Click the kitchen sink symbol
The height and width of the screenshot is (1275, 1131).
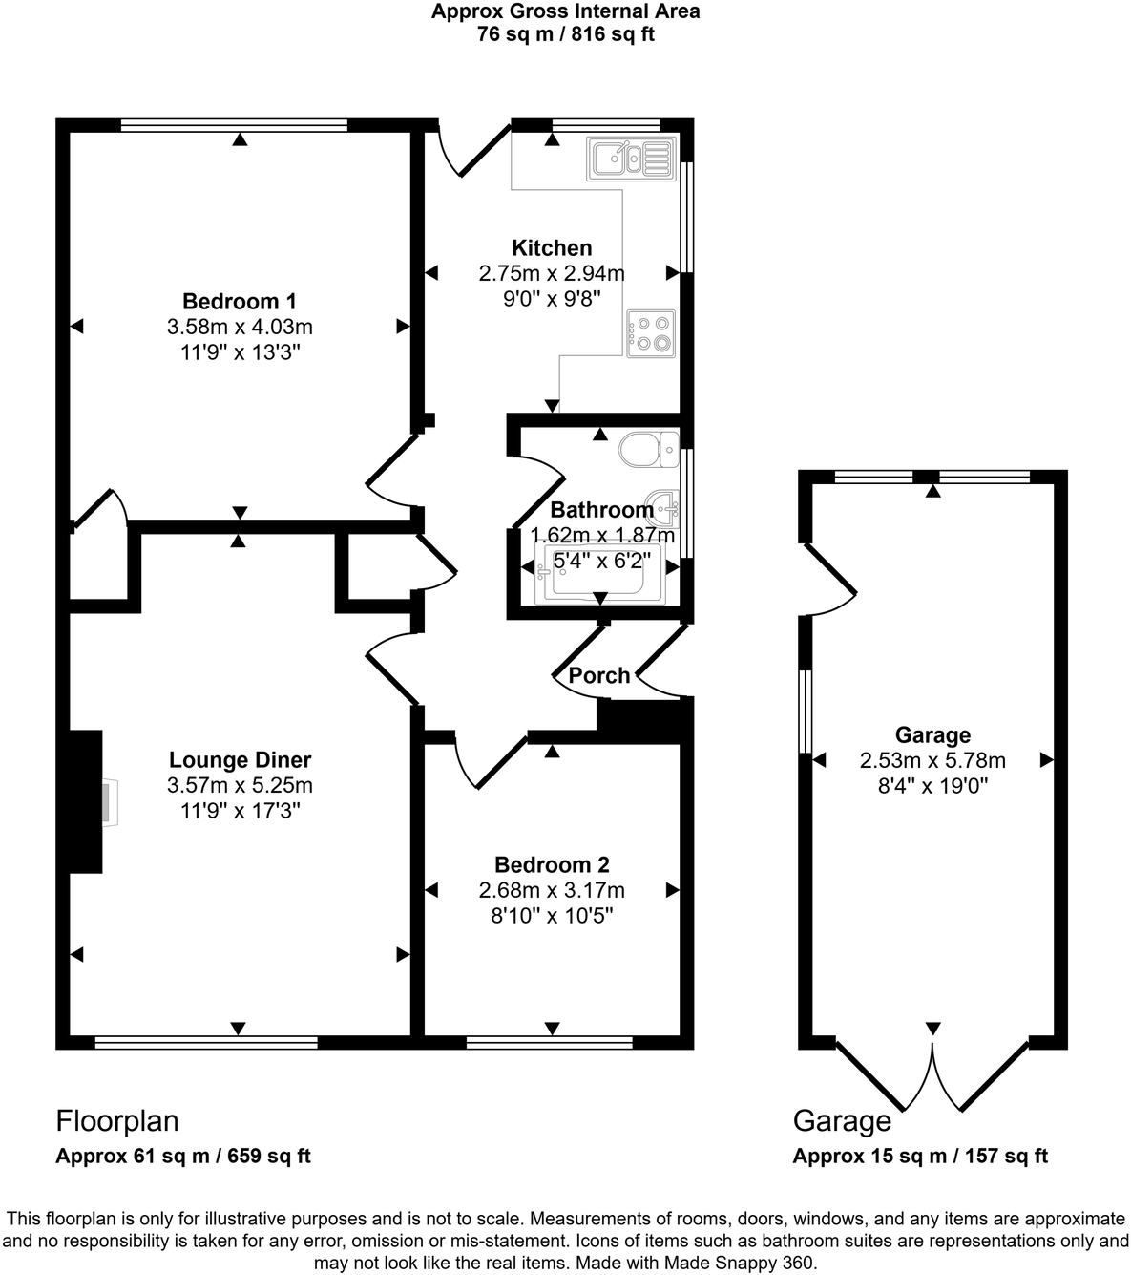coord(632,159)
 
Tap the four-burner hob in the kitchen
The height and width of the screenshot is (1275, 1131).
coord(651,333)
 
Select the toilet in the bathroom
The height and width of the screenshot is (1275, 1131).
coord(647,448)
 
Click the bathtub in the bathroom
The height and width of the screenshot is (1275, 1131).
coord(599,575)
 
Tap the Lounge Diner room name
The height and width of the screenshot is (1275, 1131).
coord(240,760)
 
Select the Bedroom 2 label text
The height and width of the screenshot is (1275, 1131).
coord(552,865)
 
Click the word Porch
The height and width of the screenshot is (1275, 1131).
coord(599,676)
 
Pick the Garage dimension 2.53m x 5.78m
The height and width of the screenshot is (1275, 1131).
coord(932,761)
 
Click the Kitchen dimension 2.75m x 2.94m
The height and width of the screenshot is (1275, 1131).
coord(552,274)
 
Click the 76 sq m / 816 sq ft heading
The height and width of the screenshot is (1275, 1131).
coord(565,35)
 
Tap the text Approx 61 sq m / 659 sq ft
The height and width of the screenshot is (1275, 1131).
coord(183,1156)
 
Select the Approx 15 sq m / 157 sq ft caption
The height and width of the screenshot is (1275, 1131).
coord(920,1156)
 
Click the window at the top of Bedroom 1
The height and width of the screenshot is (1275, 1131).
coord(234,124)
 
